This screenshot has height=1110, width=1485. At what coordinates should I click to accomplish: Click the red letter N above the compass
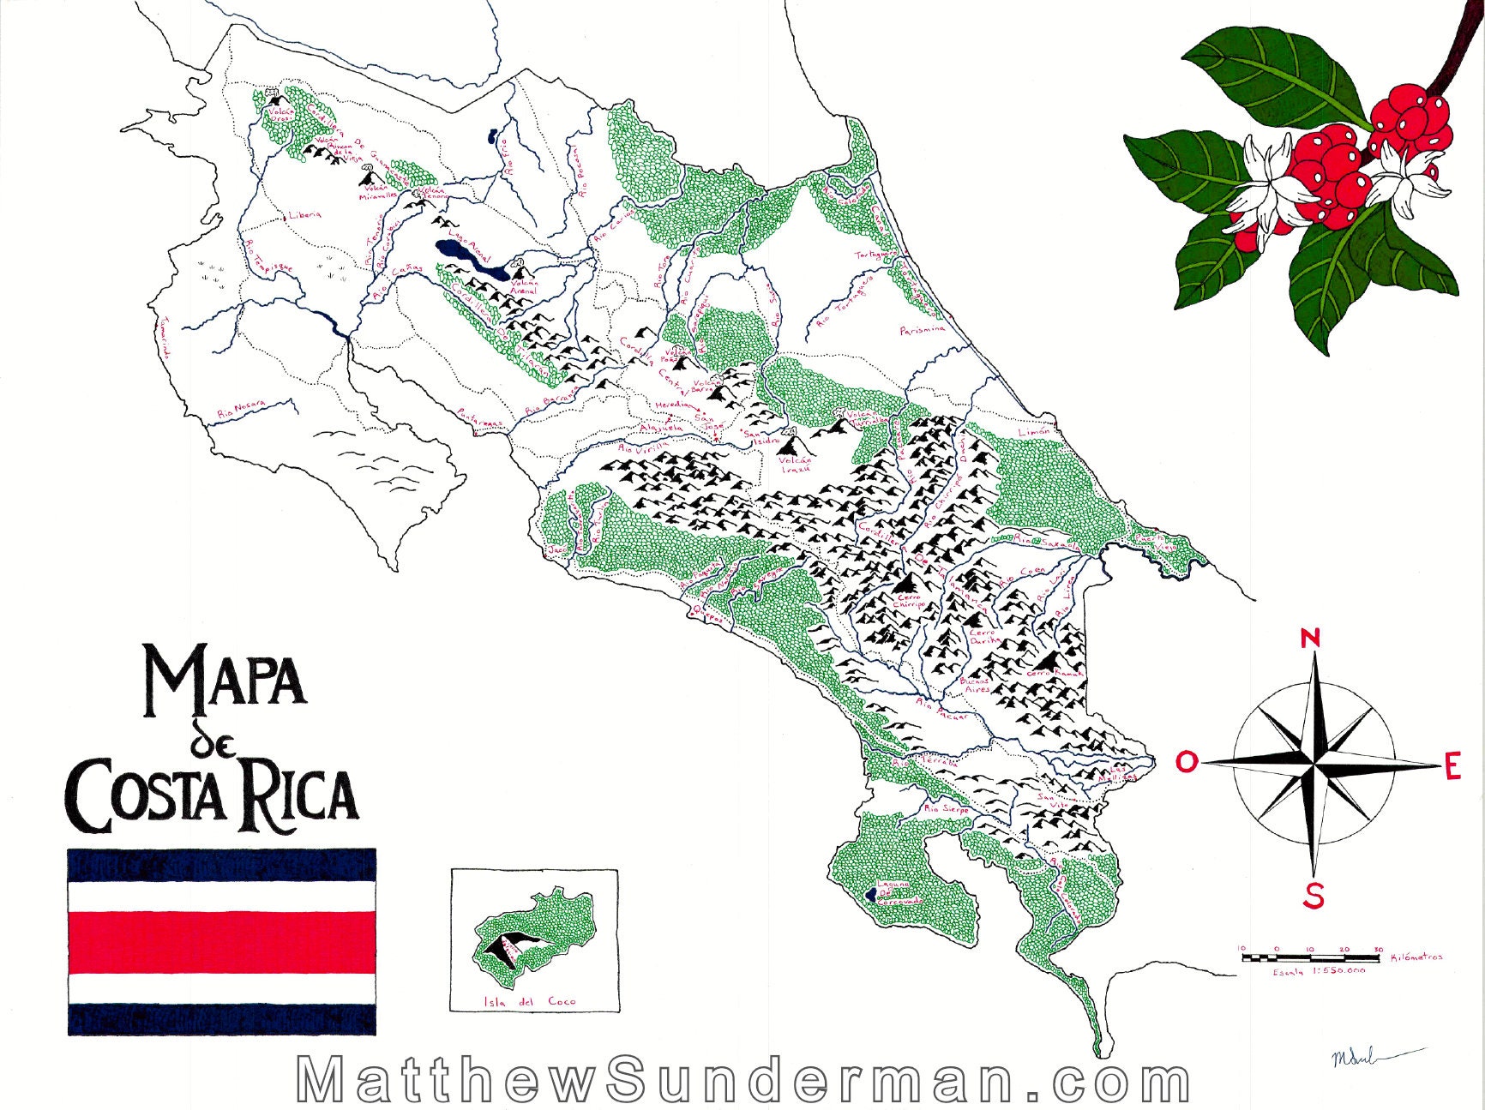click(x=1309, y=639)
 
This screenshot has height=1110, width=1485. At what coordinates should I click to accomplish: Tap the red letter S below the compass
click(x=1313, y=896)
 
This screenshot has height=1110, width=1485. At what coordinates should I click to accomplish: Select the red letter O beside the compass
click(x=1187, y=761)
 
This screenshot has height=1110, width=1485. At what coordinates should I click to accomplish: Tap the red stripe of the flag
click(x=222, y=942)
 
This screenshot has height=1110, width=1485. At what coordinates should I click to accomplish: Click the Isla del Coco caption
click(x=530, y=1001)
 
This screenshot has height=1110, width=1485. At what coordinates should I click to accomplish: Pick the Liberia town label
click(x=304, y=214)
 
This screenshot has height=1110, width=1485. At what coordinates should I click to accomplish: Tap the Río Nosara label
click(x=242, y=408)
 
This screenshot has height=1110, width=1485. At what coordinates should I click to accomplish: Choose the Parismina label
click(x=923, y=329)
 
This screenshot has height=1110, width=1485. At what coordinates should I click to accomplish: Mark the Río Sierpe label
click(x=946, y=807)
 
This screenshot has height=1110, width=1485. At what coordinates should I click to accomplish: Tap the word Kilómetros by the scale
click(x=1416, y=957)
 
